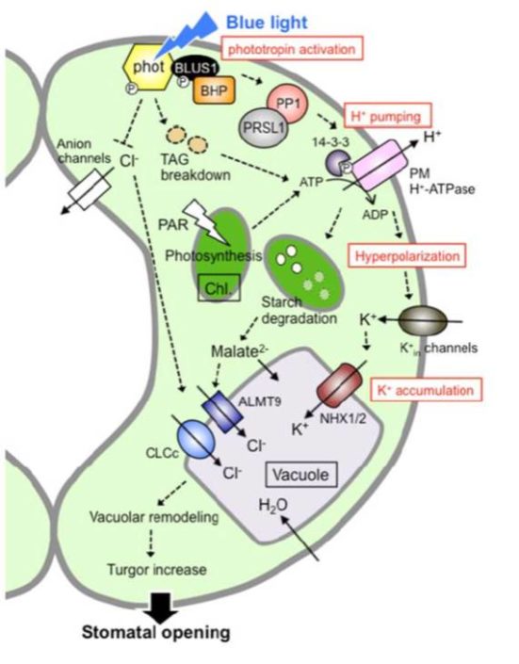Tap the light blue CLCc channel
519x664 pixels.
(x=197, y=442)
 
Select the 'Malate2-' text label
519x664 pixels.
(x=242, y=353)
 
